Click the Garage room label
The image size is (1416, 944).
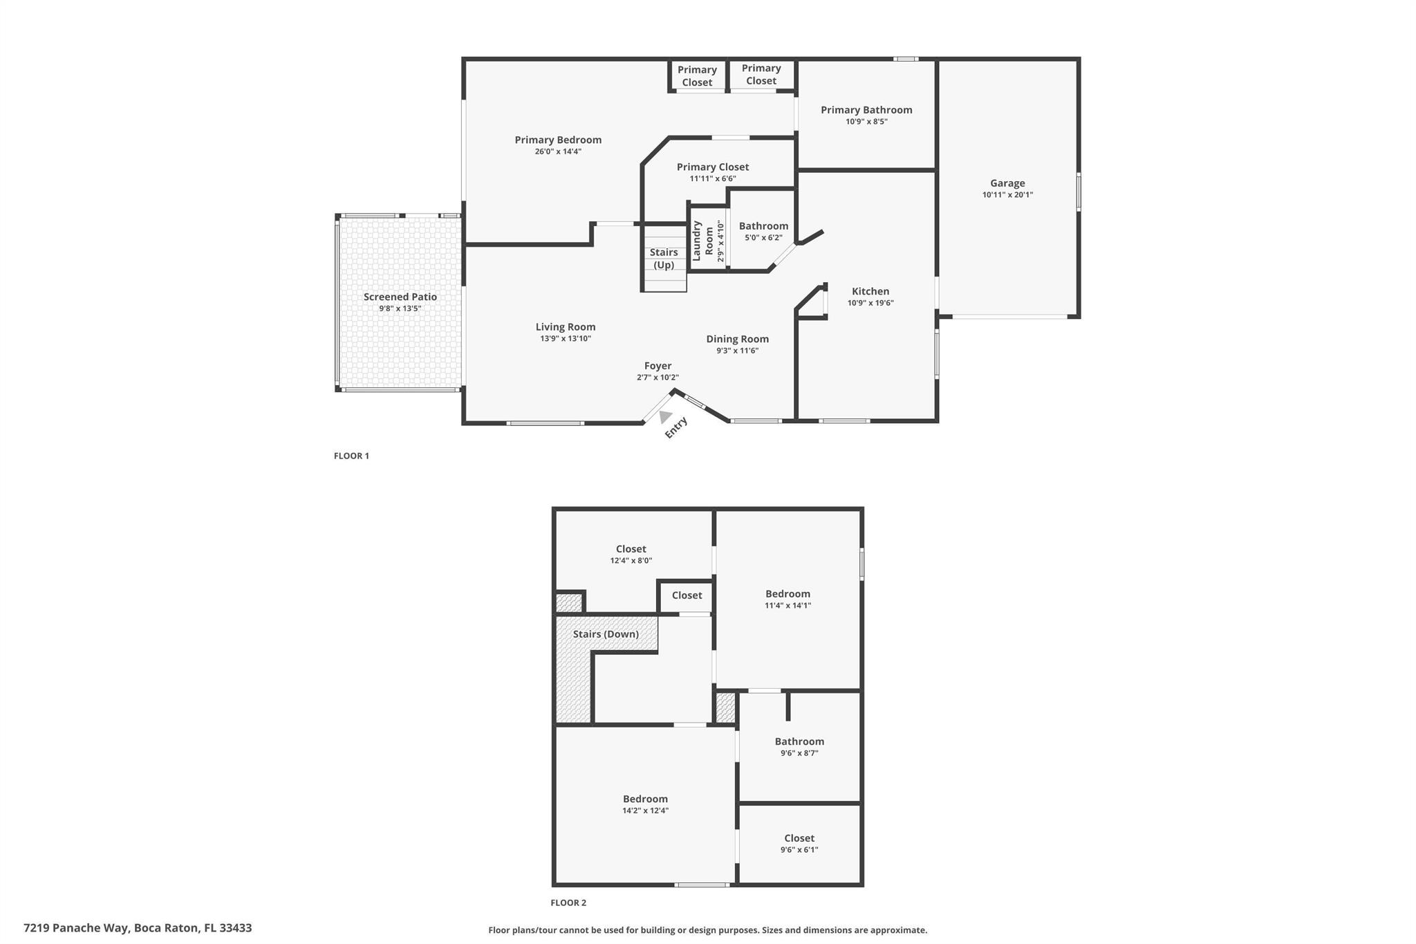pyautogui.click(x=1007, y=183)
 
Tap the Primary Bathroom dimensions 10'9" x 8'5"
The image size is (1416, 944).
pyautogui.click(x=866, y=122)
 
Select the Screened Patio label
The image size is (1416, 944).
pyautogui.click(x=400, y=297)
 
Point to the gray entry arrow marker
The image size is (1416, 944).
pyautogui.click(x=665, y=417)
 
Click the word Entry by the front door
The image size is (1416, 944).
pyautogui.click(x=676, y=427)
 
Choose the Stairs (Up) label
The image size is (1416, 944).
pyautogui.click(x=664, y=259)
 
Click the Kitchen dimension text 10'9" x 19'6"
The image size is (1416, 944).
pyautogui.click(x=870, y=303)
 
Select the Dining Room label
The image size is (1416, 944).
pyautogui.click(x=738, y=339)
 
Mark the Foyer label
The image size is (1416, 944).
pyautogui.click(x=658, y=366)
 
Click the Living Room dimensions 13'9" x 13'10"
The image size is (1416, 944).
pyautogui.click(x=566, y=339)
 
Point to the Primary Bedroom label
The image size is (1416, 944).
pyautogui.click(x=558, y=140)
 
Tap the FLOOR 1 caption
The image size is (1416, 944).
pyautogui.click(x=351, y=456)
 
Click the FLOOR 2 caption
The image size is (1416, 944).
pyautogui.click(x=568, y=903)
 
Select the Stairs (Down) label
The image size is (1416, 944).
pyautogui.click(x=606, y=634)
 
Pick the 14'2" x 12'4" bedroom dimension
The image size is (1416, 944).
pyautogui.click(x=645, y=811)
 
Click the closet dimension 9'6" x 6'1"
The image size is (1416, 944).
pyautogui.click(x=799, y=850)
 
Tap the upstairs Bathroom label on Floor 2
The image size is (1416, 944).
pyautogui.click(x=799, y=741)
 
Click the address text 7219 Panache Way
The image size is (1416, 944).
pyautogui.click(x=76, y=928)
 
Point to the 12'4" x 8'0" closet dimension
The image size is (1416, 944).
pyautogui.click(x=631, y=561)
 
